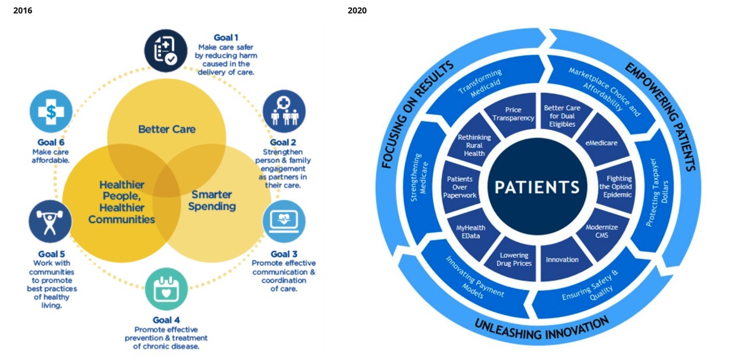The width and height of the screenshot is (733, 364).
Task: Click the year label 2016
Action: point(23,10)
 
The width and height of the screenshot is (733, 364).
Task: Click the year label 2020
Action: point(357,10)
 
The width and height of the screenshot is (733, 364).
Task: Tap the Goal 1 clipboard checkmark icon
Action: point(166,50)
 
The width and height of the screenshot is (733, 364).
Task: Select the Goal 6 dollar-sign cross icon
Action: point(51,111)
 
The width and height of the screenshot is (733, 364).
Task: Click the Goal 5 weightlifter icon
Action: point(50,222)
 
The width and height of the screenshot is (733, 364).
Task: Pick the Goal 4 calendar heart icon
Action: point(166,289)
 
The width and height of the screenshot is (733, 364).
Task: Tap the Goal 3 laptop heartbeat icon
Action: point(284,221)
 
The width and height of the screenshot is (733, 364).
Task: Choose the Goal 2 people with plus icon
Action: point(284,111)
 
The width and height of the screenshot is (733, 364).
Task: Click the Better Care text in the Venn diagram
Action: point(167,129)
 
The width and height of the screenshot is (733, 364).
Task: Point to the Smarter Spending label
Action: point(212,200)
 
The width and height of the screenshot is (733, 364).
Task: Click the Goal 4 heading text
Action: point(166,320)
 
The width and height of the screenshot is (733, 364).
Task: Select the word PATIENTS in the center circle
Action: point(537,187)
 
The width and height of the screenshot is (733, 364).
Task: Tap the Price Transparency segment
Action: point(513,114)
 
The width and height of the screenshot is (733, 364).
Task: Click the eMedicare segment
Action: point(602,143)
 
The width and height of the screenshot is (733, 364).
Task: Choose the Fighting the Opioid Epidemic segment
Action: point(615,187)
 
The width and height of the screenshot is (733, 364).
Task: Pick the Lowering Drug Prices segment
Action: point(514,259)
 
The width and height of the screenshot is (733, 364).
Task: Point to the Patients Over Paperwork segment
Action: point(460,187)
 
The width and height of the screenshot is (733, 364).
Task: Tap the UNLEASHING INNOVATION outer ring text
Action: point(542,329)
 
